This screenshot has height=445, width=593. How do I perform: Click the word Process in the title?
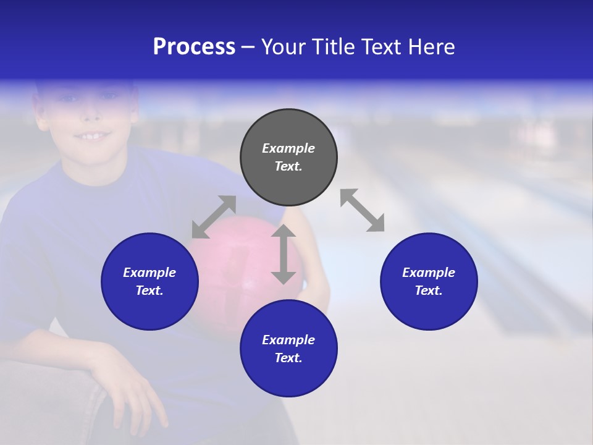pos(194,47)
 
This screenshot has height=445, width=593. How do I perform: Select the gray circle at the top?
pos(288,158)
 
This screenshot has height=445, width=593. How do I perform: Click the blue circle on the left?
pos(149,281)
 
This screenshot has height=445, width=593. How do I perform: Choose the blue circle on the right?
pos(429,281)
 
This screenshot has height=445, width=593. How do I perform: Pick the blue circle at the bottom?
pos(288,349)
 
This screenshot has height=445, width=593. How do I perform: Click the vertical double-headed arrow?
pos(284,254)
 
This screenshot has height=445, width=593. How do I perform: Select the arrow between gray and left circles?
pos(214,216)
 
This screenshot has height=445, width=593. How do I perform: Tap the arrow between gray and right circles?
pos(362,210)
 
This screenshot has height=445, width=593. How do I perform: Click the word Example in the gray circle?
pos(288,148)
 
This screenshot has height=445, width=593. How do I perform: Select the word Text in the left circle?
pos(149,290)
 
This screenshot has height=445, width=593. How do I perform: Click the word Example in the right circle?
pos(429,273)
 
